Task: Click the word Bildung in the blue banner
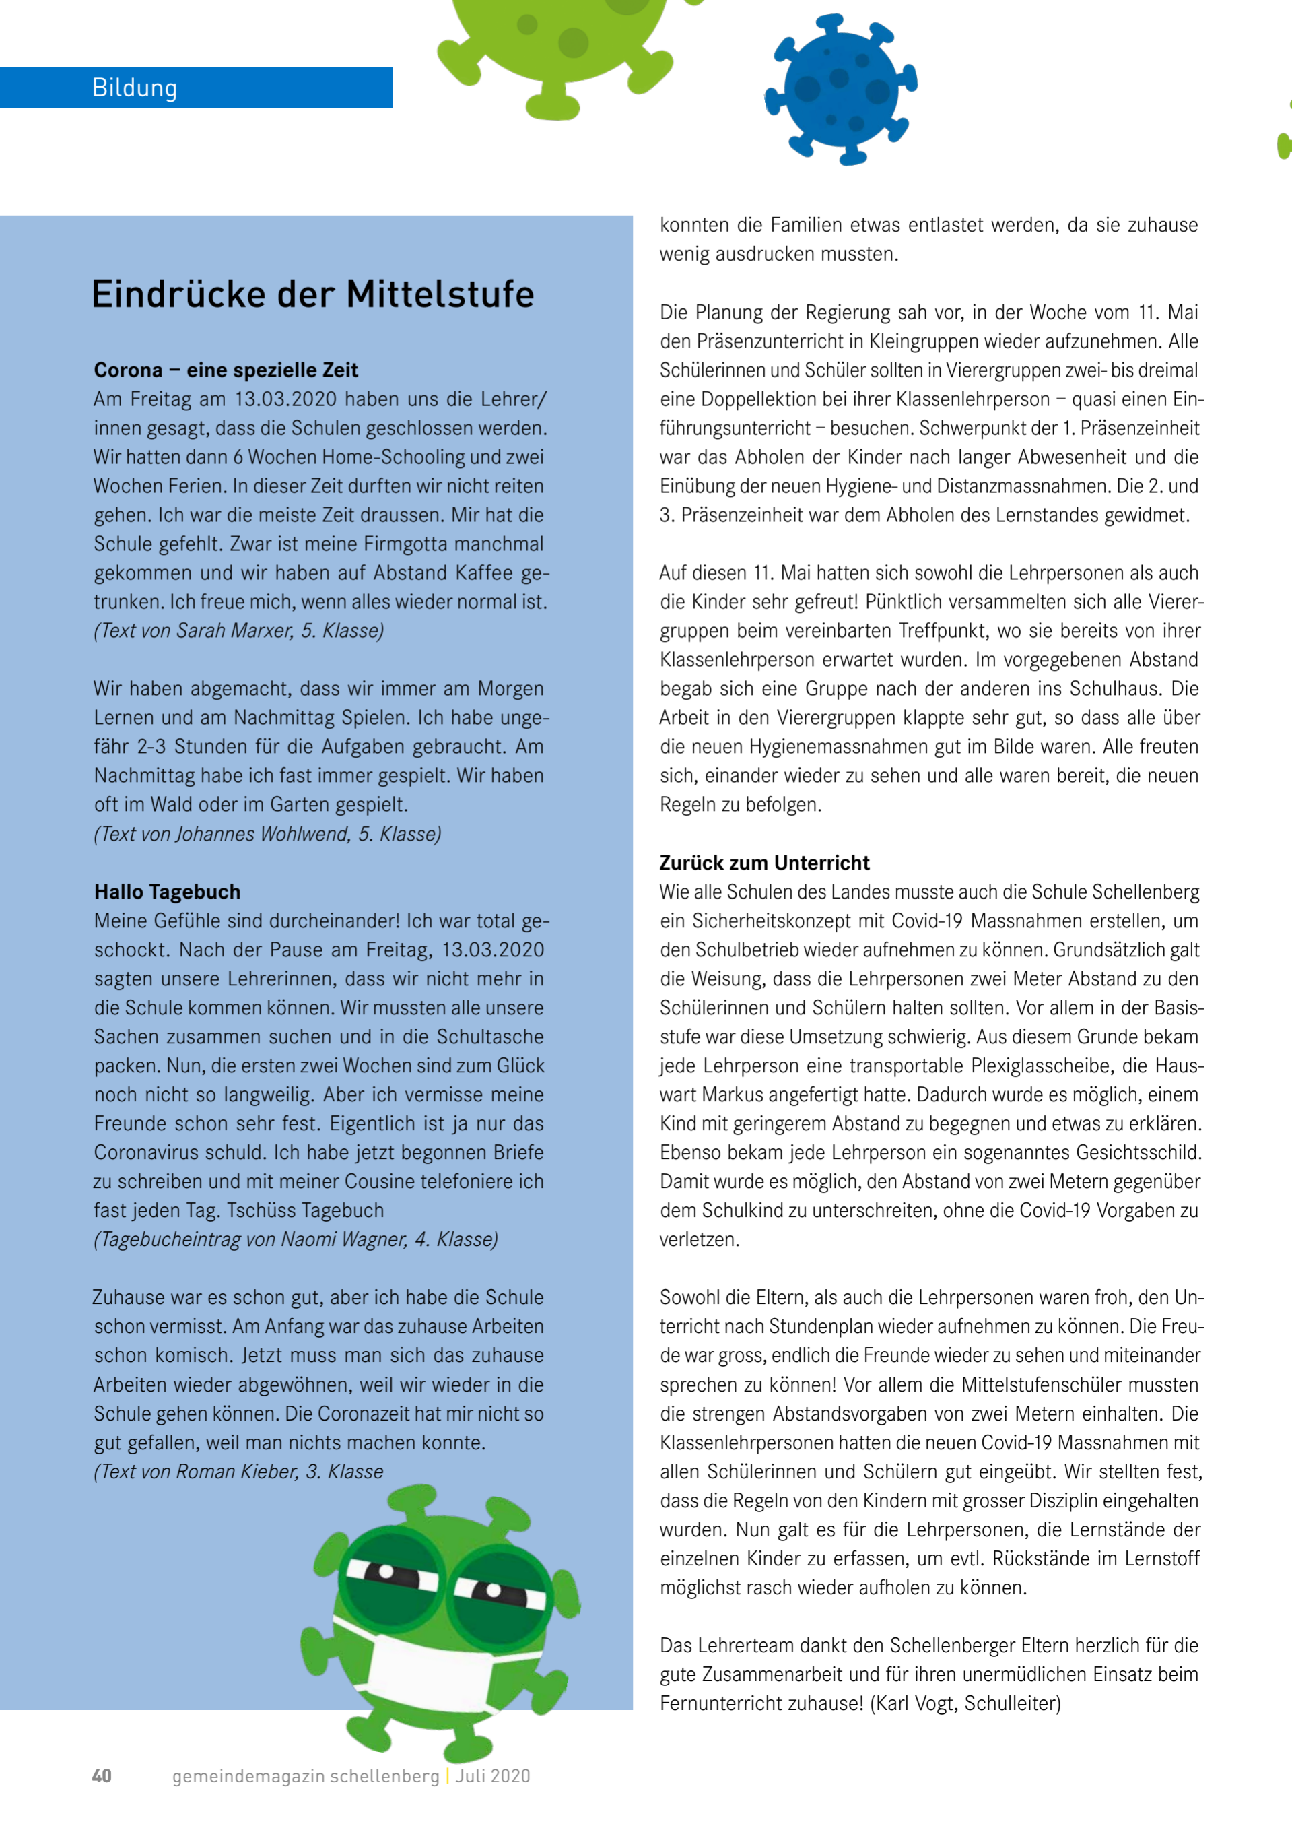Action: click(135, 88)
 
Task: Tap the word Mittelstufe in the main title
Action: click(440, 294)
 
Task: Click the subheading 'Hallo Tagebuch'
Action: click(167, 892)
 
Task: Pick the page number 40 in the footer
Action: click(102, 1775)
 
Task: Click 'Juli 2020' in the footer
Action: click(493, 1775)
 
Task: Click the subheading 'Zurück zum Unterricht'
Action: click(764, 862)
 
